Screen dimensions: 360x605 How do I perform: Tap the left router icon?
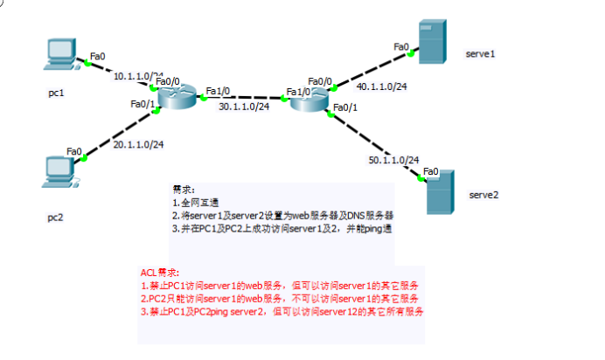[178, 96]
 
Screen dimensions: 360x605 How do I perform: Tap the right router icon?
[309, 100]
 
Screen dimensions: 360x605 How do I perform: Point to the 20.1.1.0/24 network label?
[139, 144]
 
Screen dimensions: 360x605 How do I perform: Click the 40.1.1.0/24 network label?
[381, 86]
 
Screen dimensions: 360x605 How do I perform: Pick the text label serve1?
[481, 54]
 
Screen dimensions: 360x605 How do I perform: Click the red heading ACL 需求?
[159, 273]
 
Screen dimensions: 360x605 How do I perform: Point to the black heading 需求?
[184, 189]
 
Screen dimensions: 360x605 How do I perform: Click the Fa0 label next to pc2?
[75, 151]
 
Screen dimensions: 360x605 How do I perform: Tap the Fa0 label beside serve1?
[401, 46]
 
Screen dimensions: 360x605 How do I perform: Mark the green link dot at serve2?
[421, 179]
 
